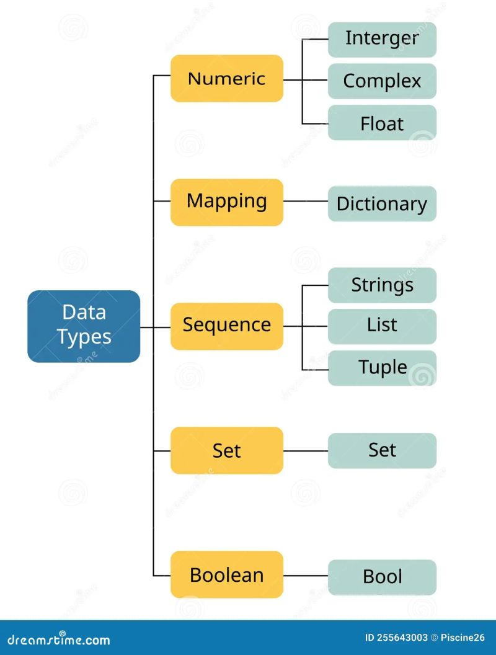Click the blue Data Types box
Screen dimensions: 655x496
tap(84, 326)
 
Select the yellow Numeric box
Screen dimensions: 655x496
tap(226, 78)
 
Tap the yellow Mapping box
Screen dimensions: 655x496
tap(226, 202)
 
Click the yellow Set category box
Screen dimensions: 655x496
tap(226, 450)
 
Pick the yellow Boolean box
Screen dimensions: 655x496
tap(226, 574)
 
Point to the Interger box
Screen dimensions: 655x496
tap(382, 39)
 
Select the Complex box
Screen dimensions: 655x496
tap(382, 81)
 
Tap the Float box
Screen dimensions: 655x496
tap(382, 123)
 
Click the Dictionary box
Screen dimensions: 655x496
tap(382, 203)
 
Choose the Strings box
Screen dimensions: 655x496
tap(382, 285)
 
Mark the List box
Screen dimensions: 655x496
tap(382, 326)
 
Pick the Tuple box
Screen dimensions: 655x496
tap(382, 368)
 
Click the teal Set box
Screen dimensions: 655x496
tap(382, 450)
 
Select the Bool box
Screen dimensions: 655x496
tap(382, 577)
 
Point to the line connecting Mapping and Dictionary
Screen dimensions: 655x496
tap(305, 202)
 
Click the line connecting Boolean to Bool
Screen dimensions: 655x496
tap(305, 576)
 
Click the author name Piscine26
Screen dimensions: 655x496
tap(462, 638)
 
